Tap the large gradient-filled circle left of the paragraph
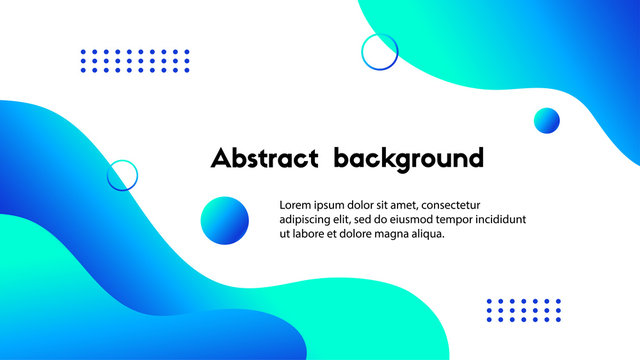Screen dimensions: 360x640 pos(225,220)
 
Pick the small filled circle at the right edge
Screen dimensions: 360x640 pos(546,121)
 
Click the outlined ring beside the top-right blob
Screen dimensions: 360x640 pos(380,51)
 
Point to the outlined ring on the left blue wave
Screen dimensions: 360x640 pos(123,175)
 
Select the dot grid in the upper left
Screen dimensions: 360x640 pos(134,61)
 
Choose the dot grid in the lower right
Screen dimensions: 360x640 pos(522,311)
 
